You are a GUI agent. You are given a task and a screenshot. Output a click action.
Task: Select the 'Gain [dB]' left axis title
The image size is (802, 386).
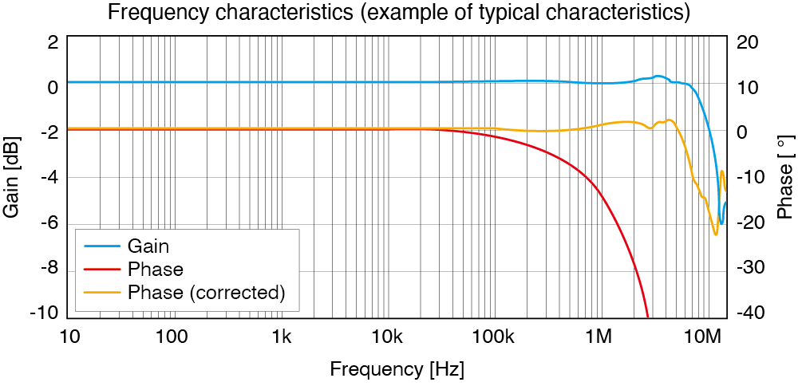13,176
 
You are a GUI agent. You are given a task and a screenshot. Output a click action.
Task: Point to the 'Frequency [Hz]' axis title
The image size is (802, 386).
397,370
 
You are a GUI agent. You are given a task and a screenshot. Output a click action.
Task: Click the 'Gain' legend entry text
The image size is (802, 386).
148,246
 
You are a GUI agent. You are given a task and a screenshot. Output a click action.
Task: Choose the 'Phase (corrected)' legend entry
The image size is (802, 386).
206,292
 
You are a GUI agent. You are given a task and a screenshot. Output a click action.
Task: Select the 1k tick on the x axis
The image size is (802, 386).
281,337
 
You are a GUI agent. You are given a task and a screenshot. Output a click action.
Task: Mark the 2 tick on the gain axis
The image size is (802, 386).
53,42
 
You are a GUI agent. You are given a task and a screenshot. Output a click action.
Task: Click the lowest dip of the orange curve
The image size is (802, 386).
716,234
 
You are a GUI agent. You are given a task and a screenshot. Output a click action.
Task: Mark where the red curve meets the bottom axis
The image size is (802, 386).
648,317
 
